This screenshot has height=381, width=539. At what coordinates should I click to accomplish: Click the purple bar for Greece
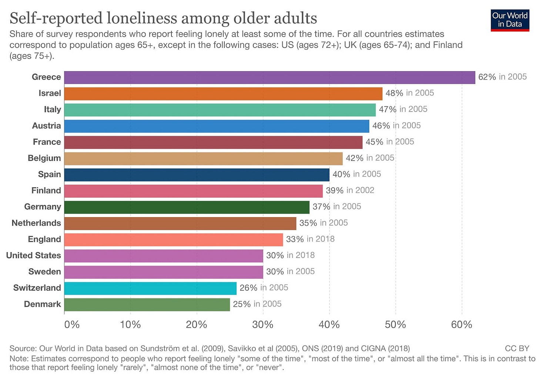[269, 77]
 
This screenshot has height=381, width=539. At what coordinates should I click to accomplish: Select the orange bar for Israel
[223, 94]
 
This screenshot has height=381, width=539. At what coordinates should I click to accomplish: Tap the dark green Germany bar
[187, 207]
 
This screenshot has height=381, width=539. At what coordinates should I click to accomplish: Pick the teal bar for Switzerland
[150, 288]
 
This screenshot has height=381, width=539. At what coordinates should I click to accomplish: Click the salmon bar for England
[173, 240]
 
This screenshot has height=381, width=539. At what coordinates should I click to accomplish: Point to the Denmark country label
[42, 304]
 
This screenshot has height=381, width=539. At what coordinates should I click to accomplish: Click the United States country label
[33, 255]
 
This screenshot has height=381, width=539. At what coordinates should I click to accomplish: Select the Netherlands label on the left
[36, 223]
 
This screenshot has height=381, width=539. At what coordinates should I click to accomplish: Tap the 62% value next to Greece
[487, 77]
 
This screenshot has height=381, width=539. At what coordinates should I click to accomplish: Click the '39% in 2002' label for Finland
[350, 190]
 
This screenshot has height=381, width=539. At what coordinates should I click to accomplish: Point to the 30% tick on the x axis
[263, 325]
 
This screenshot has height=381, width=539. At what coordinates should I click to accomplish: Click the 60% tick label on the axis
[462, 325]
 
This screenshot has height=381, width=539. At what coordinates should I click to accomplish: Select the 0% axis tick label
[72, 325]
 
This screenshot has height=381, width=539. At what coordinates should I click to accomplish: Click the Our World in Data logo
[510, 20]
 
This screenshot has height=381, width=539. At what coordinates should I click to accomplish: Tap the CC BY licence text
[517, 349]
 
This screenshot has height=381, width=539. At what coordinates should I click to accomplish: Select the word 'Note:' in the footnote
[19, 359]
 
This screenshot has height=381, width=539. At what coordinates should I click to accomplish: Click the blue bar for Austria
[217, 126]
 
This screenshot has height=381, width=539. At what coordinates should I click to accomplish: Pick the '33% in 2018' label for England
[310, 239]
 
